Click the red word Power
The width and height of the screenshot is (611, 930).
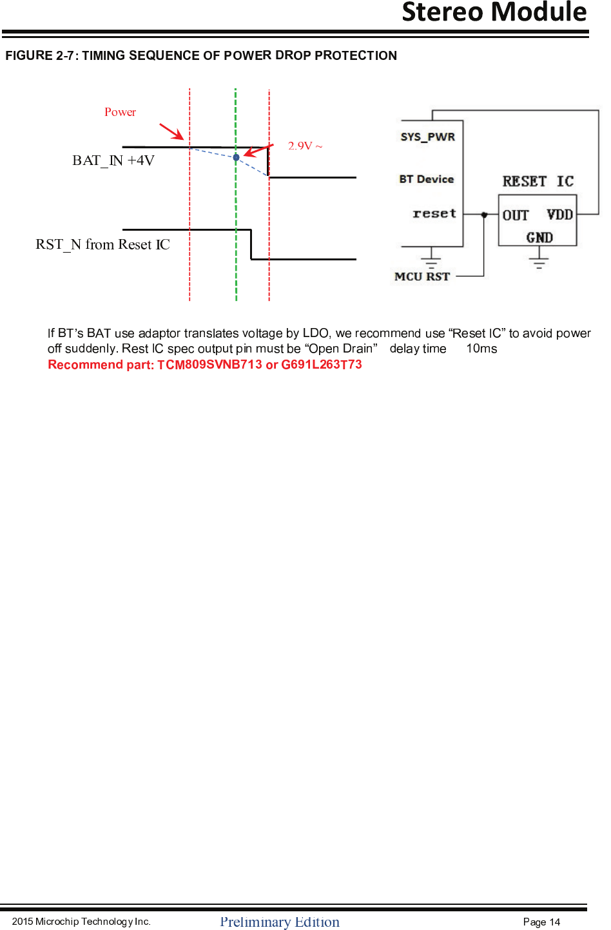(x=120, y=112)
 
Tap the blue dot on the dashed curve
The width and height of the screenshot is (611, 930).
(x=236, y=157)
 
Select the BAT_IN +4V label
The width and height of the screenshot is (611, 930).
(x=113, y=160)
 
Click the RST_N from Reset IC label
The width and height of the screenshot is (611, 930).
(x=102, y=245)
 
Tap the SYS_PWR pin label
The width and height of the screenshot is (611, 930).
(x=427, y=137)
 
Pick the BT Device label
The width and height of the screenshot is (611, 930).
(x=426, y=179)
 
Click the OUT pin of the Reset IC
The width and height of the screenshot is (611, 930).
(x=516, y=215)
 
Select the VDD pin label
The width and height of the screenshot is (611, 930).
(x=559, y=215)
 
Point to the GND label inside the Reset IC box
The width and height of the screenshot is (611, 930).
(x=539, y=237)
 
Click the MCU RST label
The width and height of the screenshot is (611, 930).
(x=422, y=276)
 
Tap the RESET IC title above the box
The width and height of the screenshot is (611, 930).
(x=538, y=182)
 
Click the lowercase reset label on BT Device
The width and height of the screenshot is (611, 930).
(x=434, y=213)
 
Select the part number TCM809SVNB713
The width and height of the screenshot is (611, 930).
(x=209, y=365)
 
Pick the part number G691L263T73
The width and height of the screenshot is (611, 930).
(x=322, y=365)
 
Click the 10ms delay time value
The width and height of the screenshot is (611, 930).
(x=481, y=349)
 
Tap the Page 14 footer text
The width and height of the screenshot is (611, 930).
(x=541, y=922)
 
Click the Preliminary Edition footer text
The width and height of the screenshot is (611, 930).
(x=280, y=922)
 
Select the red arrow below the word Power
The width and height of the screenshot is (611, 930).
(x=171, y=131)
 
